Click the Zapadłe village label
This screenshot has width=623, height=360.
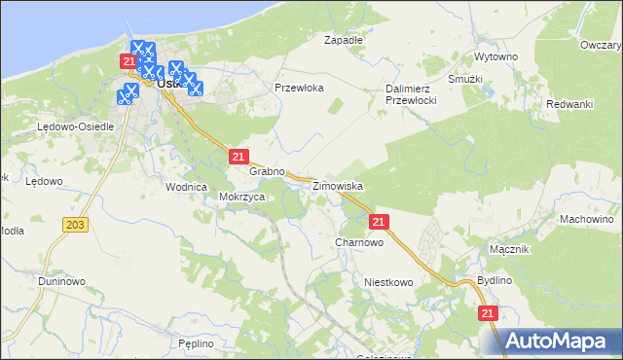click(x=343, y=40)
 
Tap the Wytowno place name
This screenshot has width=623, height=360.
click(x=495, y=57)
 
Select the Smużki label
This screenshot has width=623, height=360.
click(x=465, y=78)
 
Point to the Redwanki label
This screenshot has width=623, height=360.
click(x=569, y=104)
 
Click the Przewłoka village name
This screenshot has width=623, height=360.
click(x=299, y=87)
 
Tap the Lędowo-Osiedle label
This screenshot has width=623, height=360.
click(x=76, y=126)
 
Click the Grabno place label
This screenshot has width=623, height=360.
click(x=267, y=171)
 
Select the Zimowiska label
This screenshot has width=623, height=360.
click(x=338, y=185)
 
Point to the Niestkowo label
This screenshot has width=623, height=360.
click(x=388, y=281)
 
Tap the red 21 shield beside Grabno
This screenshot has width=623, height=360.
click(x=238, y=156)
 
